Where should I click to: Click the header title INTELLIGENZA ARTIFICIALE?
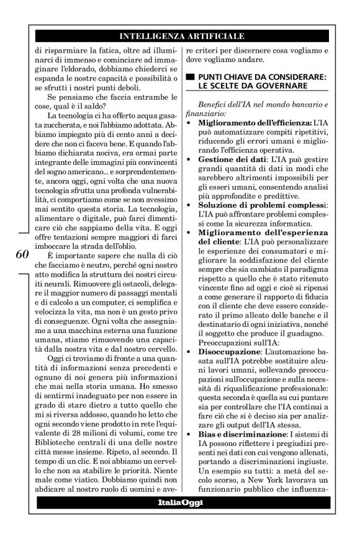[x=181, y=37]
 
